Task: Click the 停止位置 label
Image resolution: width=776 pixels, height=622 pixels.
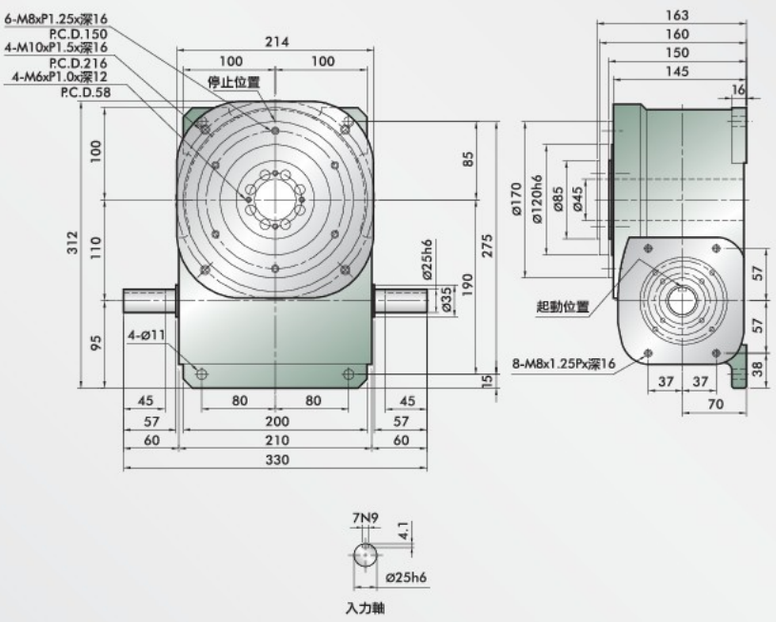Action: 234,83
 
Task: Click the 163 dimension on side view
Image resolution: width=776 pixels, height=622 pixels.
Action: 677,15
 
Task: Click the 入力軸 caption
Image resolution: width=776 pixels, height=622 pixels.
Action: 366,606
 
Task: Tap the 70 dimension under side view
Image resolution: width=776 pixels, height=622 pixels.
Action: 715,404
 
